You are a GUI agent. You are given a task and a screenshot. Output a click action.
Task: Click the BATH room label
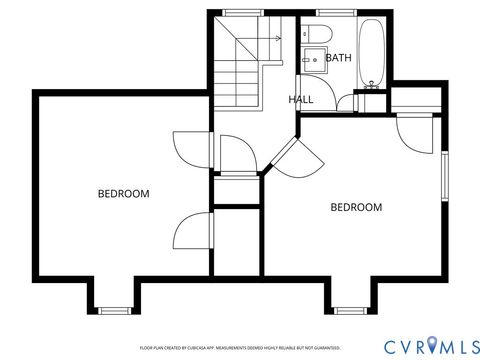pos(338,59)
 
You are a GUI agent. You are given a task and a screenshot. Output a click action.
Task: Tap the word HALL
pos(301,100)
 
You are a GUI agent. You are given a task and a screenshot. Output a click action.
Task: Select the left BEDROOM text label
pos(123,194)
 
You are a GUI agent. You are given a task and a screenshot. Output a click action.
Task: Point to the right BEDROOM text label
pos(356,208)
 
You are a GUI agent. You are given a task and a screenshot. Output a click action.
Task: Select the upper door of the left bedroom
pos(188,150)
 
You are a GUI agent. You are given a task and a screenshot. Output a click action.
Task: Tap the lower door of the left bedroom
pos(190,236)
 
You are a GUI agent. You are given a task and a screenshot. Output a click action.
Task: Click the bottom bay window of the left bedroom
pos(115,309)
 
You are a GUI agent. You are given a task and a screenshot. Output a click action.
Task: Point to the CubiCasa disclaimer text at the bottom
pos(240,347)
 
